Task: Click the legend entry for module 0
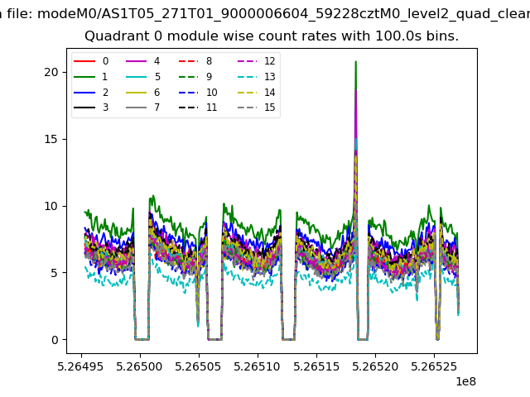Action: [91, 61]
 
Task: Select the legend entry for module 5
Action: [143, 77]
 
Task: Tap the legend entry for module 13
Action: [256, 77]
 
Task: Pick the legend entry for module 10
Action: [198, 93]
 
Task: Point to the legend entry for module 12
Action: [256, 61]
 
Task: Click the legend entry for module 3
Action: [91, 108]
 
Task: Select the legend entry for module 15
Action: [256, 108]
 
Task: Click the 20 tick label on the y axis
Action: [51, 72]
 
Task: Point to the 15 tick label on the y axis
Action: [51, 139]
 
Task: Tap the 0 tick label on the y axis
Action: [55, 340]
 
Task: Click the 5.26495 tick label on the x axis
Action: [80, 366]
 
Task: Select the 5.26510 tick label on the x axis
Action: [258, 366]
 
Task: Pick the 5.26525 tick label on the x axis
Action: [434, 366]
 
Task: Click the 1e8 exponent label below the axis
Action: [466, 381]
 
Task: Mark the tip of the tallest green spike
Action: [355, 61]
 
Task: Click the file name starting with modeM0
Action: [283, 14]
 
